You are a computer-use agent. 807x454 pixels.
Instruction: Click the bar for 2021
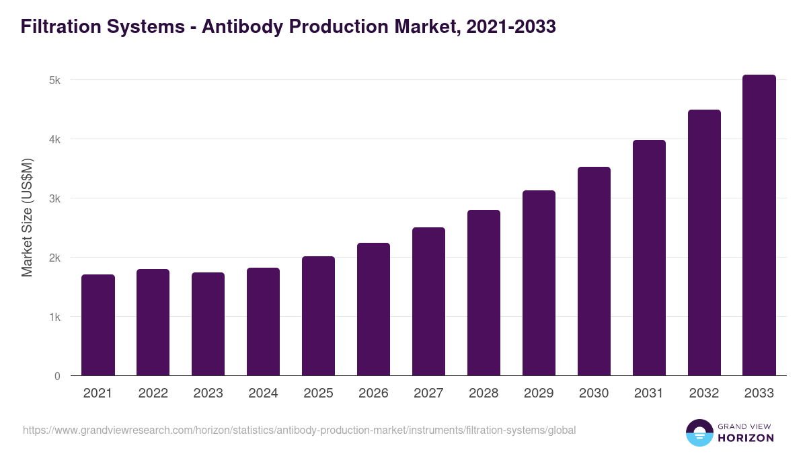(98, 326)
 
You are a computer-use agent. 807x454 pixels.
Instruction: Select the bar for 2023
(208, 324)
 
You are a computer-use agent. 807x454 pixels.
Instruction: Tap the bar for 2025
(318, 316)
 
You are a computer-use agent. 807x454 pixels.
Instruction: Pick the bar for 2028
(484, 293)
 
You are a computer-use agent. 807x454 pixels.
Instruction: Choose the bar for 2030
(594, 271)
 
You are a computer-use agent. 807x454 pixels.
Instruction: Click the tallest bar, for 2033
(759, 225)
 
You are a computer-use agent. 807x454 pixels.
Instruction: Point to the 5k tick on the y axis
(54, 80)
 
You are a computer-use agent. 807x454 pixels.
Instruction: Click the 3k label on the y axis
(54, 198)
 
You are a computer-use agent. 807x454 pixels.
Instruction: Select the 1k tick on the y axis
(54, 317)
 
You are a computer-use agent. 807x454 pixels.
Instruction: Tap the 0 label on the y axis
(57, 376)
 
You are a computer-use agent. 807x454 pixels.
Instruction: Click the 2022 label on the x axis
(153, 393)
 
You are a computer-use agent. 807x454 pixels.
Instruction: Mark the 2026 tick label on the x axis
(373, 393)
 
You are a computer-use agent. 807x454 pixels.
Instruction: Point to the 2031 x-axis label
(649, 393)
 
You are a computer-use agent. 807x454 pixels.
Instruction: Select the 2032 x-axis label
(704, 393)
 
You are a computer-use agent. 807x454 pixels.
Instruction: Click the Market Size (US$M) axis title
(27, 217)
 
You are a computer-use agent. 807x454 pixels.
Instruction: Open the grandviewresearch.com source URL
(299, 430)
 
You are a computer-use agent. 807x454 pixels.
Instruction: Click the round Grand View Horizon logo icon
(699, 432)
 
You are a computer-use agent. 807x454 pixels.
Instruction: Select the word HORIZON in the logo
(746, 438)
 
